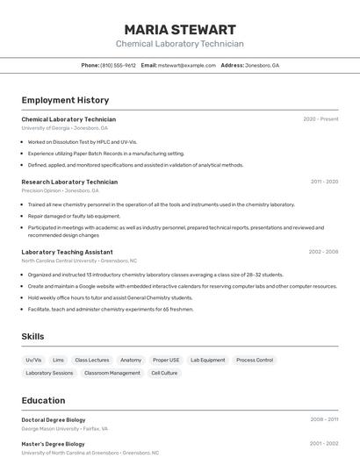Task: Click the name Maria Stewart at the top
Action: click(180, 29)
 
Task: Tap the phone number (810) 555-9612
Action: click(118, 65)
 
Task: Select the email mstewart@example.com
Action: click(186, 65)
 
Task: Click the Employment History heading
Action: click(65, 100)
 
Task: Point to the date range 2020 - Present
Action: click(320, 119)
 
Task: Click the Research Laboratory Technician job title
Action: click(69, 182)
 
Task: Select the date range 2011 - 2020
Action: click(324, 182)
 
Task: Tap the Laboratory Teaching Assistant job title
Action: click(67, 252)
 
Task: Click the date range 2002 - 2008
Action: click(323, 252)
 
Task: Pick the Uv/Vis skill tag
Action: click(33, 360)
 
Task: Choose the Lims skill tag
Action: click(58, 360)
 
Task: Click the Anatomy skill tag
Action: click(131, 360)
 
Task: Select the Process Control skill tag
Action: click(255, 360)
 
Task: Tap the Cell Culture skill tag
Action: click(164, 373)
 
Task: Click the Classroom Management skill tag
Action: click(112, 373)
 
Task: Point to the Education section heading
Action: click(43, 400)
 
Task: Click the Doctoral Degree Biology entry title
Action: click(54, 419)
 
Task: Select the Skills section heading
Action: click(32, 336)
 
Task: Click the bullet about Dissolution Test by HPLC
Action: click(83, 141)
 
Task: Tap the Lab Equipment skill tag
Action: click(207, 360)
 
